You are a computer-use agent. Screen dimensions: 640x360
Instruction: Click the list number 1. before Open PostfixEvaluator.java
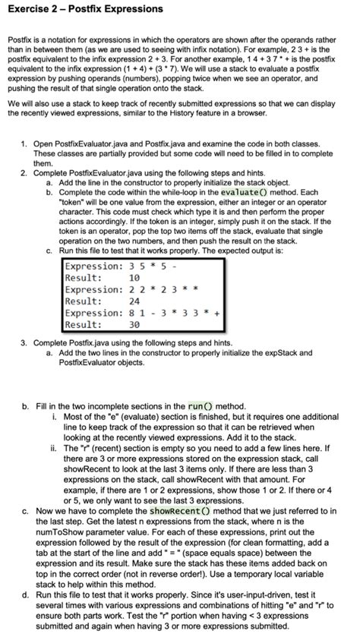[x=24, y=143]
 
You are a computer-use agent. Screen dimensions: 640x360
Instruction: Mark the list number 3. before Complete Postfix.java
[x=24, y=343]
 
